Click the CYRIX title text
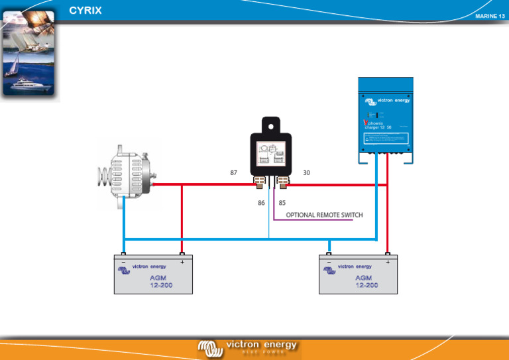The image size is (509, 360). coord(85,11)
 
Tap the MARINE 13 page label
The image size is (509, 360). coord(490,16)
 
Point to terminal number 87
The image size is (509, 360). coord(233,172)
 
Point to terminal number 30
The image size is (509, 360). coord(306,172)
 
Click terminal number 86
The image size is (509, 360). coord(262,203)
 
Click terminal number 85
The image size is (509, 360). coord(282,203)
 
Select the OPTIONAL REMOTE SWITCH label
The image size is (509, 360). coord(324,215)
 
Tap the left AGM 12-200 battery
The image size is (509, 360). coord(153,274)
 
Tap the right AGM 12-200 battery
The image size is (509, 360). coord(359,274)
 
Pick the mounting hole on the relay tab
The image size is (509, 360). coord(270,125)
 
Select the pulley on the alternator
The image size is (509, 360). coord(103,174)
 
